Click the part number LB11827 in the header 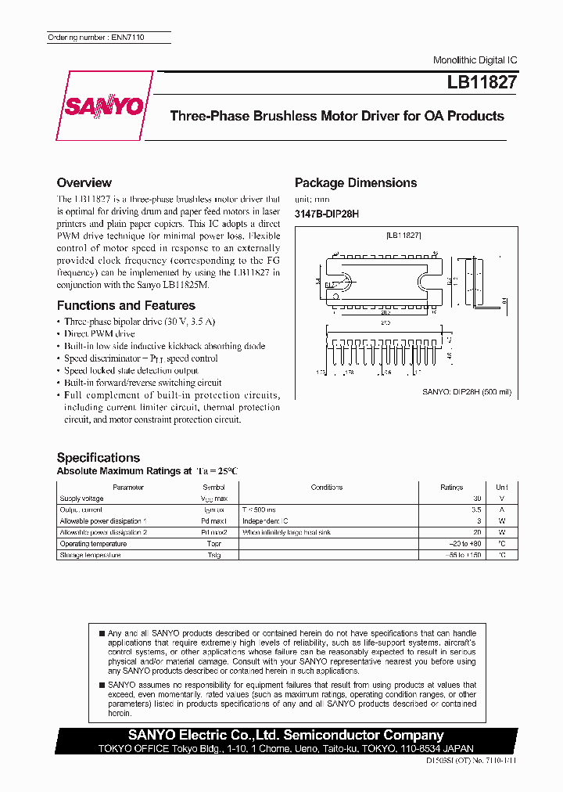482,81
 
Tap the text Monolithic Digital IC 475,60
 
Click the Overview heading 84,182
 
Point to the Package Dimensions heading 356,182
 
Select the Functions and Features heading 126,305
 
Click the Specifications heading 99,457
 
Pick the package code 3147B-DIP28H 327,214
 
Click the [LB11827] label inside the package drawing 404,234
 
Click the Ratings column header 452,487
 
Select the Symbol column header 213,487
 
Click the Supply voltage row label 81,498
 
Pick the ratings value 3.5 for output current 475,509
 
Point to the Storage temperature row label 90,555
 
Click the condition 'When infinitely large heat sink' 287,532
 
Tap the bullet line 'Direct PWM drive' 99,333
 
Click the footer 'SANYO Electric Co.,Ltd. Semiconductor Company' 285,735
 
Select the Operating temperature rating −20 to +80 466,543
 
